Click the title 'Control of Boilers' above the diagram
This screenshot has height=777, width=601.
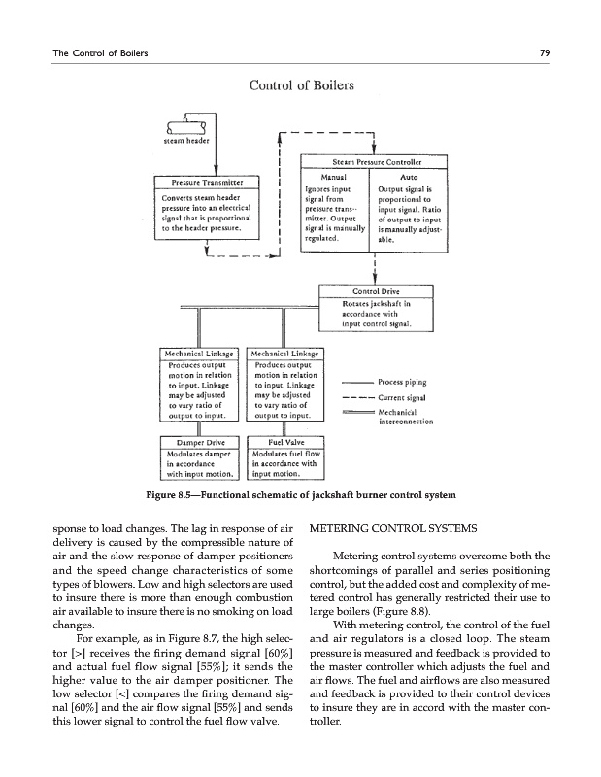point(300,88)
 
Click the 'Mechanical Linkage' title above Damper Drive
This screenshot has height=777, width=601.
point(200,353)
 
